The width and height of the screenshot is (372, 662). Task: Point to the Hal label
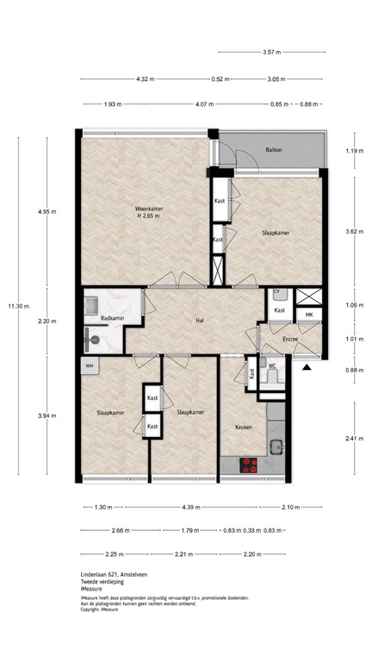pos(200,321)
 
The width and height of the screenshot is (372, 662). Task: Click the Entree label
pos(289,340)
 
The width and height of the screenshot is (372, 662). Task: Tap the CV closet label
pos(277,293)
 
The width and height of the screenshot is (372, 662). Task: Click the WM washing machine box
pos(90,366)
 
